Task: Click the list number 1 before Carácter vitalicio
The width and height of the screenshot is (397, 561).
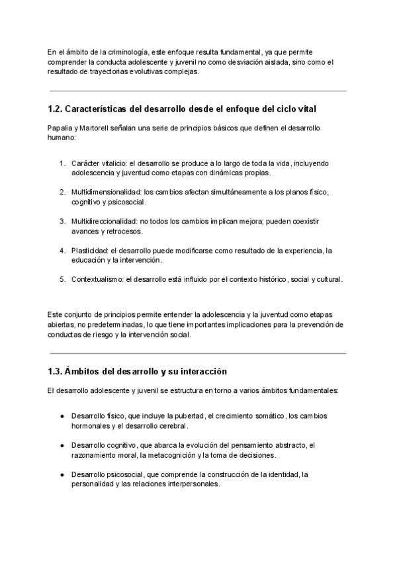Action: pos(62,163)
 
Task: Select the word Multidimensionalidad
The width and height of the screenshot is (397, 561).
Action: pos(106,192)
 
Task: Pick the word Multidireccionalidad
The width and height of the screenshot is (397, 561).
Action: pos(105,221)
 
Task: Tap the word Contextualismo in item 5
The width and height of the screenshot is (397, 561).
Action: pos(98,279)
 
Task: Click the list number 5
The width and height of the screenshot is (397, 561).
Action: pos(62,279)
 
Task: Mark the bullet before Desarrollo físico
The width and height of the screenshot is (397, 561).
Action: pos(62,416)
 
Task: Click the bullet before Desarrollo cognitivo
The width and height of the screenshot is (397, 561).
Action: pos(62,445)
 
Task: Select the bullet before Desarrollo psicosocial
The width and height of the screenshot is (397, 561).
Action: pos(62,474)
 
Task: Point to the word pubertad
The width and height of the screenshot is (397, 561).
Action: pos(187,416)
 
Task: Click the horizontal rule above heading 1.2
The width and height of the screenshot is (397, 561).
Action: pos(198,91)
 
